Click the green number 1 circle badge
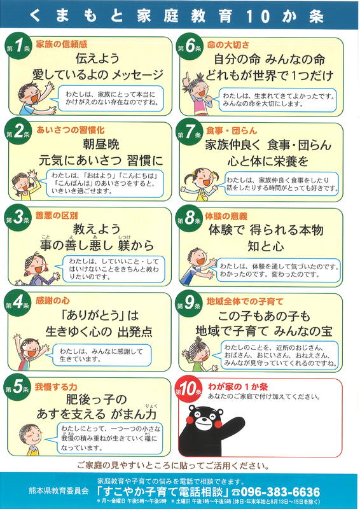coord(19,46)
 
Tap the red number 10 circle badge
coord(188,390)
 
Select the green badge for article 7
coord(190,133)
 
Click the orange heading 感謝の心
coord(53,300)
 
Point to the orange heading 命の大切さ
coord(228,45)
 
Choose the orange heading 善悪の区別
coord(57,215)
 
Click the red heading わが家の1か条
coord(238,387)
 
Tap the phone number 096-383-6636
coord(280,492)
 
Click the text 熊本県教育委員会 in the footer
coord(59,491)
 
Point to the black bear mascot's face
coord(204,419)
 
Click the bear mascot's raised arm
coord(231,424)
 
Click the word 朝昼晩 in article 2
coord(101,144)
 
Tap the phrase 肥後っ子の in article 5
coord(96,400)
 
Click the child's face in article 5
coord(31,435)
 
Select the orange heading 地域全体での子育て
coord(245,302)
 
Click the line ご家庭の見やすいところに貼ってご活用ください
coord(174,466)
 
